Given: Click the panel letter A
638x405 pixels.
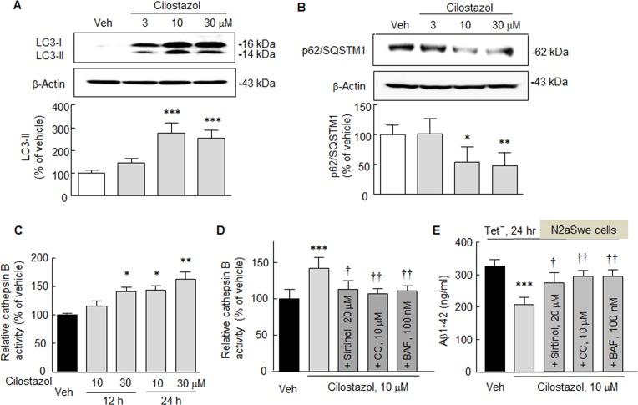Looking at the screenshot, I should [8, 7].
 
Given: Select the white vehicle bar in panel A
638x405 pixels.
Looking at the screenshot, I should [91, 183].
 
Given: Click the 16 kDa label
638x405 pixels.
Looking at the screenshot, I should [261, 42].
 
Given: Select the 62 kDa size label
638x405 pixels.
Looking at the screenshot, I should [570, 51].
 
